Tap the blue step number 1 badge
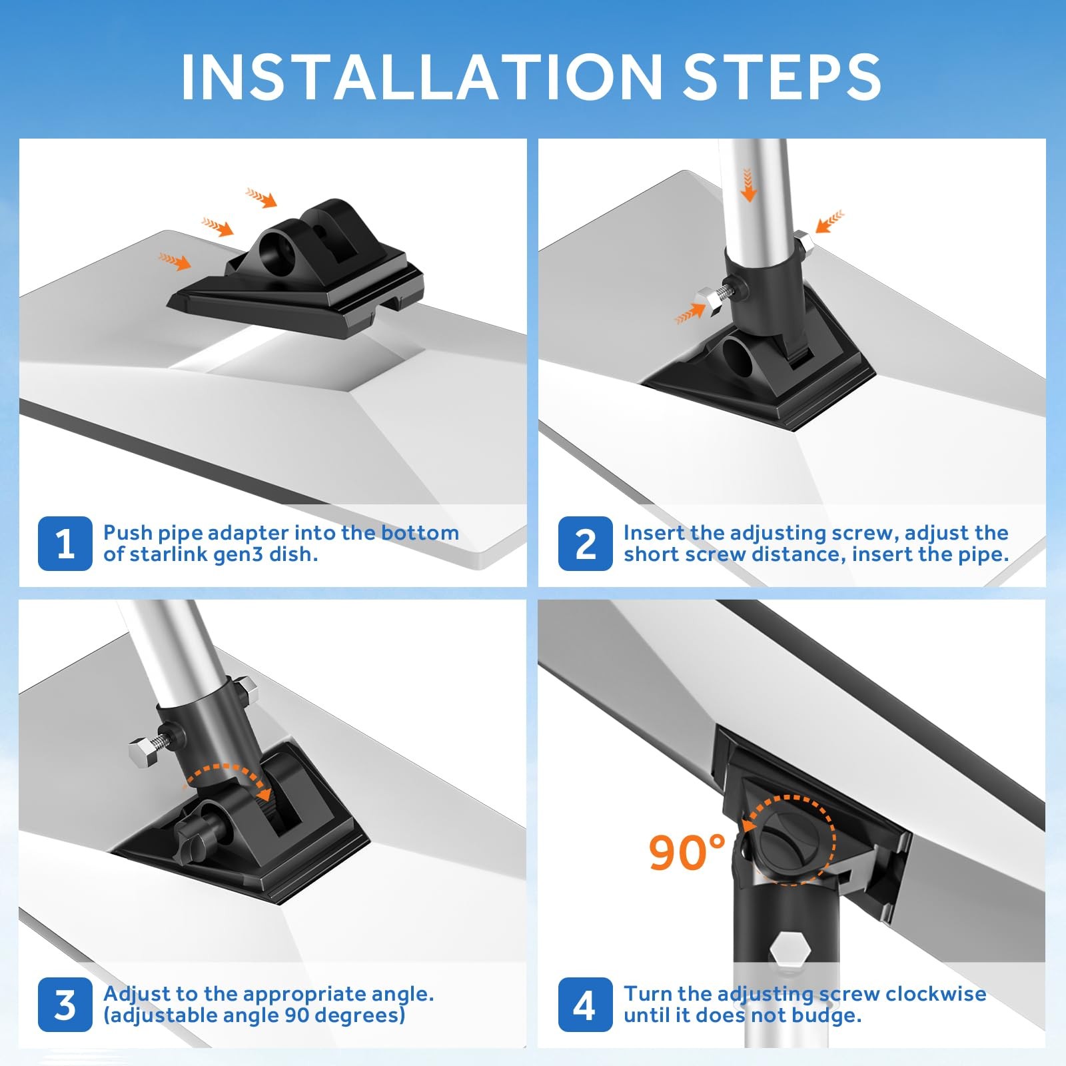point(65,544)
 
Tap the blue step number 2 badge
point(585,544)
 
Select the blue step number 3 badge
point(65,1005)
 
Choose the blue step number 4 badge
point(585,1005)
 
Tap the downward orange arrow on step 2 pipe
point(749,185)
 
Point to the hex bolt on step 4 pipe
point(788,947)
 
